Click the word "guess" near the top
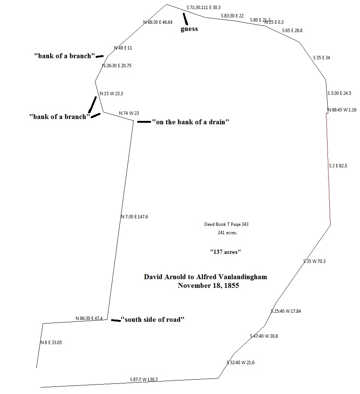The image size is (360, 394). pos(189,29)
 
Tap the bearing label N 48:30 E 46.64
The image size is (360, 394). pos(158,22)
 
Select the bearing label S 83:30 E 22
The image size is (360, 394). pos(232,15)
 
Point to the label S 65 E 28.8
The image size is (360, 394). pos(292,31)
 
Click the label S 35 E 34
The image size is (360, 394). pos(321,58)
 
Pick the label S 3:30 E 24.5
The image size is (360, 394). pos(339,93)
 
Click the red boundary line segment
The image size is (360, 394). pos(328,170)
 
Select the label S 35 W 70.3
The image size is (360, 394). pos(314,261)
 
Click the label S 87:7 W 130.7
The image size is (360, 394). pos(144,380)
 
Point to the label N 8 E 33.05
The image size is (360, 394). pos(51,343)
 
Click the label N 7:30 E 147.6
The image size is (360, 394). pos(134,217)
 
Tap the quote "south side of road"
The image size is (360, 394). pos(152,320)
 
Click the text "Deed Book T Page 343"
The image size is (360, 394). pos(226,224)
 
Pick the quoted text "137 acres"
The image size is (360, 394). pos(226,252)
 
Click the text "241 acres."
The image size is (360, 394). pos(227,233)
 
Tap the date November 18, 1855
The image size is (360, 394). pos(209,286)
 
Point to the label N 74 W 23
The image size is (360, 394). pos(129,113)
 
